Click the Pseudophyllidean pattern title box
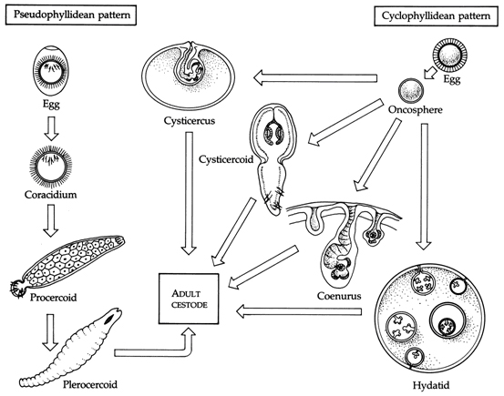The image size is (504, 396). [71, 15]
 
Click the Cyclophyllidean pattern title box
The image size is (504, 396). [436, 16]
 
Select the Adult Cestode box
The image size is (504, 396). [189, 299]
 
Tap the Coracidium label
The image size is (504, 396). [51, 195]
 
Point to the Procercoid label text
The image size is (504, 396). [54, 298]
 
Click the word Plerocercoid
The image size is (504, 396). [90, 384]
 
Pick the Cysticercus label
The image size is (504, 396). [190, 121]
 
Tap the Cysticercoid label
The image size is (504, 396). [226, 159]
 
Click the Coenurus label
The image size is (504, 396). [339, 296]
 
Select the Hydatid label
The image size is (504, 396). [431, 385]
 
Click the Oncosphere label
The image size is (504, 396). [416, 110]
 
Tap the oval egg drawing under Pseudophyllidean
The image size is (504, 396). [51, 71]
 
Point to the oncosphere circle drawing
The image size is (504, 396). [411, 90]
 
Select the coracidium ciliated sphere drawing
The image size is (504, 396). [50, 168]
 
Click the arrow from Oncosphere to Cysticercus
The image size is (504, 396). [315, 77]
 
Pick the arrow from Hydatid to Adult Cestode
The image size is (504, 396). [299, 311]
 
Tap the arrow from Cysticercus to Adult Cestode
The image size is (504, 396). [189, 193]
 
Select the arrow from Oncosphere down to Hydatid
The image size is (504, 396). [425, 187]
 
